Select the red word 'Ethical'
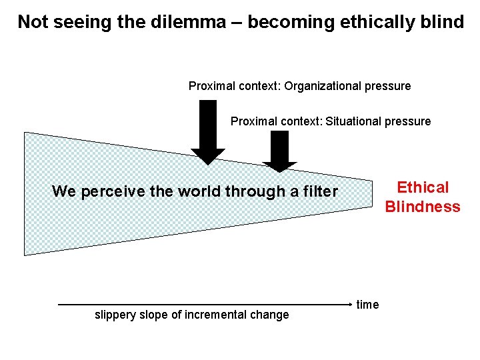(423, 187)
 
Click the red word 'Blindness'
(423, 207)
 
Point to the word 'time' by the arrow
(367, 305)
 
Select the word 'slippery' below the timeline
(116, 315)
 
